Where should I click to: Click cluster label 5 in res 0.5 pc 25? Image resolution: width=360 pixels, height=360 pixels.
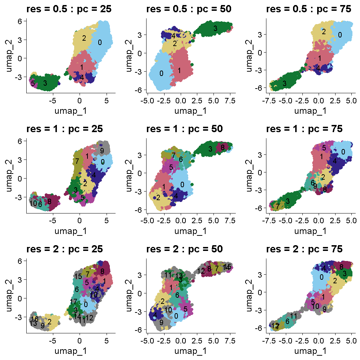[33, 84]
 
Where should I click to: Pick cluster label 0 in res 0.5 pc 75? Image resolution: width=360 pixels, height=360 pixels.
[339, 35]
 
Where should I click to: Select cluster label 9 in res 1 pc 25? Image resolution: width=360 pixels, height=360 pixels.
[102, 150]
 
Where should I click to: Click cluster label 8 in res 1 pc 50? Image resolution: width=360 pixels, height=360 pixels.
[222, 147]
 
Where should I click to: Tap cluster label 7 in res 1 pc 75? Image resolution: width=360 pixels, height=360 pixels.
[277, 206]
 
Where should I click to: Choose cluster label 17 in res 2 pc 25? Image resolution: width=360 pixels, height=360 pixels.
[74, 301]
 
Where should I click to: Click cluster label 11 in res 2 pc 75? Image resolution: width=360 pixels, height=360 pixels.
[293, 316]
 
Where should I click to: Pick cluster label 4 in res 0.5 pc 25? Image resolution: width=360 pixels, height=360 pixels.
[82, 77]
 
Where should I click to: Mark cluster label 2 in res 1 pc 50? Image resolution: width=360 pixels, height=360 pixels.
[158, 197]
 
